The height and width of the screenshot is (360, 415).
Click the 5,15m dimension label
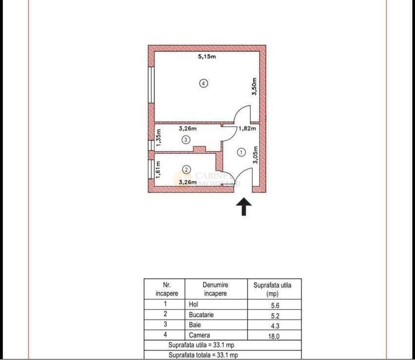tap(206, 57)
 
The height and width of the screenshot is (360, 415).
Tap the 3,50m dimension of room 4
tap(254, 87)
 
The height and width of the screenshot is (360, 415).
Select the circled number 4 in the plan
tap(204, 83)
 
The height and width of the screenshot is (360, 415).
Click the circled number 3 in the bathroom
tap(186, 140)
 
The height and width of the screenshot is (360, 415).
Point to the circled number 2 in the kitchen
tap(186, 170)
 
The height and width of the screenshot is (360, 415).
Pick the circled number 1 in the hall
tap(241, 152)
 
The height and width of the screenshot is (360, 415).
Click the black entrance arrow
tap(244, 207)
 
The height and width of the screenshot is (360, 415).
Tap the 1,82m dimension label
tap(247, 129)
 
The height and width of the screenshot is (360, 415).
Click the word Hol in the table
tap(193, 304)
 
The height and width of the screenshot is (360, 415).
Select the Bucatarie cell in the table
tap(201, 315)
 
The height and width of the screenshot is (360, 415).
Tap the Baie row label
tap(194, 325)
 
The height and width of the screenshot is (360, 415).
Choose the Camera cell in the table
tap(199, 335)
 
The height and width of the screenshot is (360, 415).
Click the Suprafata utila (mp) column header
tap(272, 289)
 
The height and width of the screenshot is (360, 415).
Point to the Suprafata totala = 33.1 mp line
tap(203, 355)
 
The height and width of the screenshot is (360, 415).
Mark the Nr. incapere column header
tap(167, 289)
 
